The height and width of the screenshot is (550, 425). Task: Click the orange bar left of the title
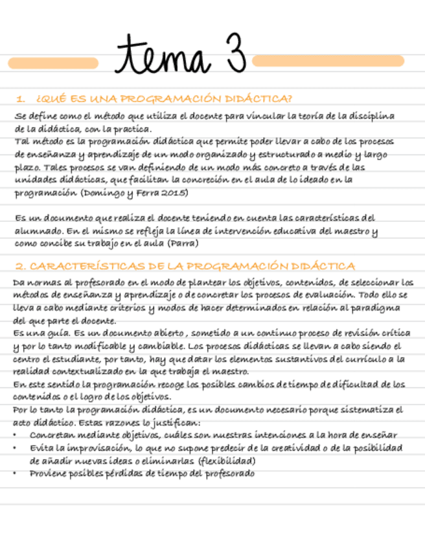click(53, 63)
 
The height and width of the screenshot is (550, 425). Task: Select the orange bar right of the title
click(328, 61)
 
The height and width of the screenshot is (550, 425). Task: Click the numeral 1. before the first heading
click(21, 99)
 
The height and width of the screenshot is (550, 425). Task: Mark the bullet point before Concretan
click(16, 435)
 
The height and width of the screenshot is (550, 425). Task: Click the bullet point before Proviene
click(16, 473)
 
